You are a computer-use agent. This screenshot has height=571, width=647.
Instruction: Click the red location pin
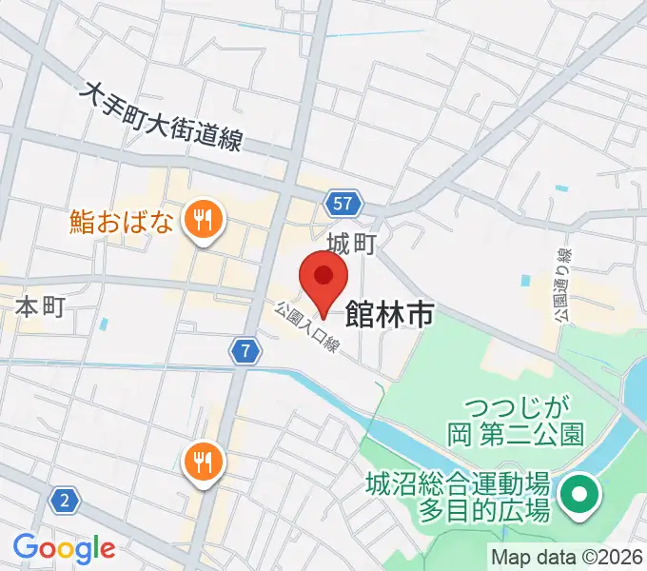[x=323, y=279]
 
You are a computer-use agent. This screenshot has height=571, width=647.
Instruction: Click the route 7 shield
[x=246, y=351]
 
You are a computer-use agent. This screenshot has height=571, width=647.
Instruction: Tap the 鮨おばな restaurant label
[x=122, y=222]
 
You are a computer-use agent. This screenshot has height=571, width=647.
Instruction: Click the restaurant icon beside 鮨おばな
[x=202, y=221]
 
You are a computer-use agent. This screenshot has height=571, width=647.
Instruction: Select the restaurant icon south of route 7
[x=202, y=463]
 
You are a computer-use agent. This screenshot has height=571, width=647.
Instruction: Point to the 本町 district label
[x=40, y=307]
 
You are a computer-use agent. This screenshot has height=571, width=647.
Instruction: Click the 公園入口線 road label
[x=307, y=327]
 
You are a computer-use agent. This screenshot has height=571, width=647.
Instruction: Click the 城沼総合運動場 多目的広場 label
[x=458, y=497]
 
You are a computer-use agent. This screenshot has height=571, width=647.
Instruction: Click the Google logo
[x=64, y=548]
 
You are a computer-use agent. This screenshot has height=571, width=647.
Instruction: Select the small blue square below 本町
[x=103, y=324]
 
